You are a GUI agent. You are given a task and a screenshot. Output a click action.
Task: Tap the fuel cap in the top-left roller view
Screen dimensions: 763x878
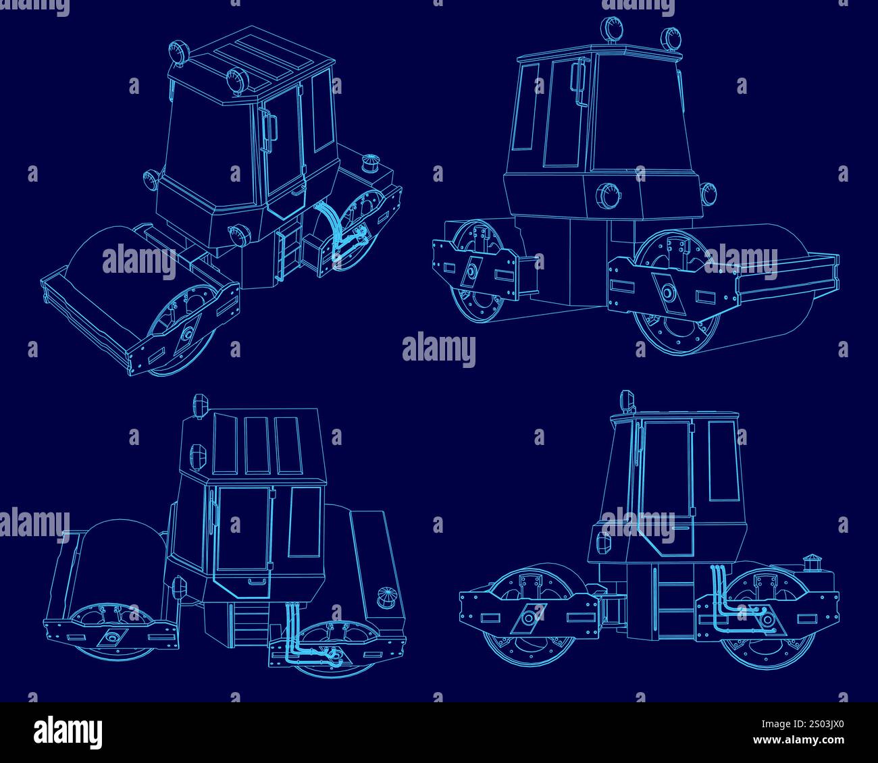(x=371, y=163)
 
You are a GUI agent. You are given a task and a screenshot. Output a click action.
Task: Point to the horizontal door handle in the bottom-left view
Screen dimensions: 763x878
(x=257, y=581)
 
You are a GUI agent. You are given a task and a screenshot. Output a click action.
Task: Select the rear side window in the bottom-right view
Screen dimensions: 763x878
(x=721, y=461)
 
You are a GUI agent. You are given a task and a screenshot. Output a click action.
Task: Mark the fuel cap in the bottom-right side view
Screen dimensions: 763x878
(x=810, y=562)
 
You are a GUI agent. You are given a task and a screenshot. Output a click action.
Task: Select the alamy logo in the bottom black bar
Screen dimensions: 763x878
(x=68, y=731)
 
